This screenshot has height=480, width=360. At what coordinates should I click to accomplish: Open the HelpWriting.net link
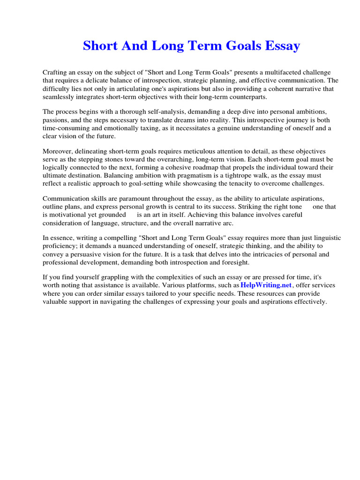pyautogui.click(x=266, y=285)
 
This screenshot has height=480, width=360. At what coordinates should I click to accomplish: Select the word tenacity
pyautogui.click(x=248, y=183)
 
